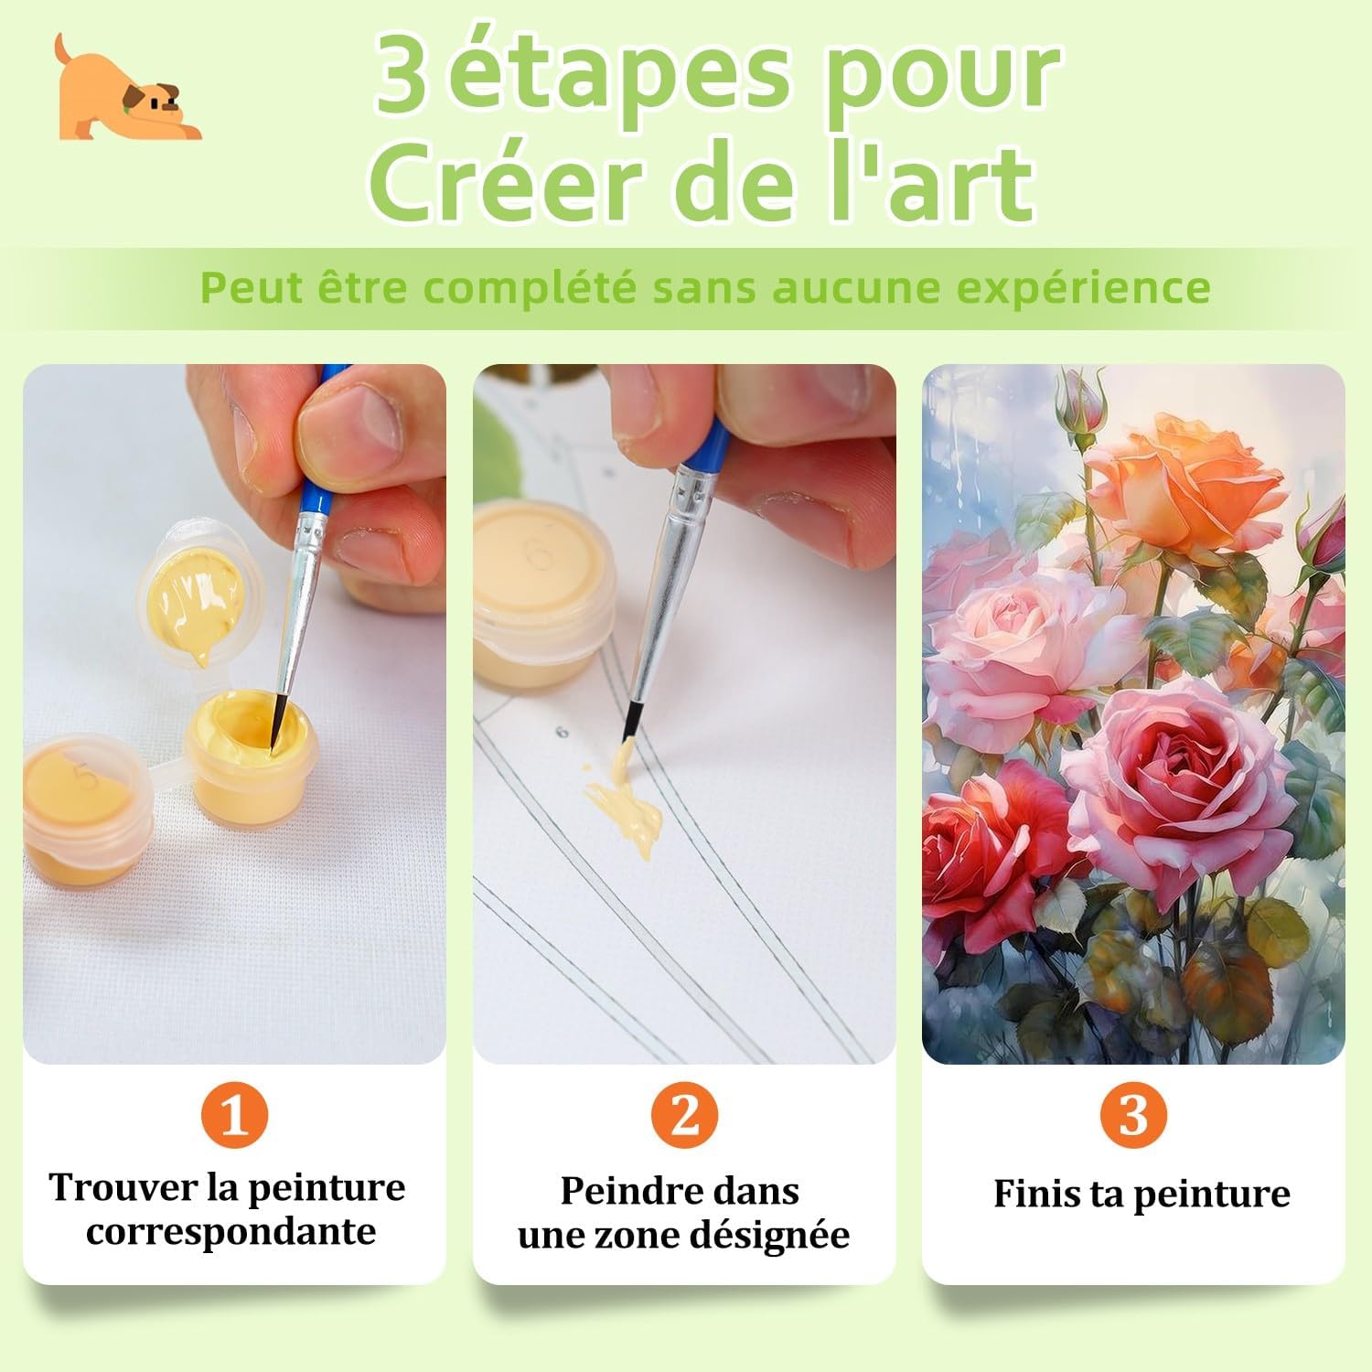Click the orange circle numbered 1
[x=234, y=1115]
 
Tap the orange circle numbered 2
[x=684, y=1115]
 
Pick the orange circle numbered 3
[x=1133, y=1115]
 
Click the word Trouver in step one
[x=123, y=1187]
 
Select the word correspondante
[x=231, y=1232]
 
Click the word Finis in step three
[x=1033, y=1194]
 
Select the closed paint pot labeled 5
[x=86, y=802]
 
